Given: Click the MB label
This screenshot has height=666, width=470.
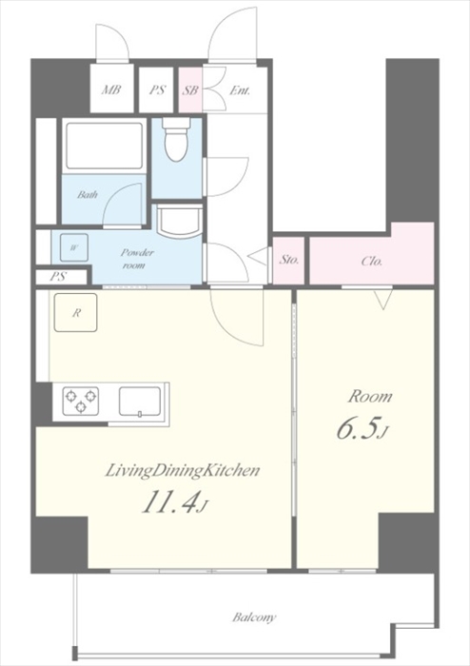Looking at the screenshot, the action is (111, 90).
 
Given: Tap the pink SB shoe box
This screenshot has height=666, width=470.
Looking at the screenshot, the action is (190, 90).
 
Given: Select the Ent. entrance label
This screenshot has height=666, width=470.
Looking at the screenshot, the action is (240, 90).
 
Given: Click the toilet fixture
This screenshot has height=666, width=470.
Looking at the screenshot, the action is (177, 139).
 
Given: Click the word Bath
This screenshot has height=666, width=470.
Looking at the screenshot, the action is (87, 195).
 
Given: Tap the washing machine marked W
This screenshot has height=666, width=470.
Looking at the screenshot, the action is (74, 247).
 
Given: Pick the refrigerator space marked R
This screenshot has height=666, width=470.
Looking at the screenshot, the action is (75, 313).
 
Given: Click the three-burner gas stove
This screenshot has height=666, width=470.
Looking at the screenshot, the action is (81, 401).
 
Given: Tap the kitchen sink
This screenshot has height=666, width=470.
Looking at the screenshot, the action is (140, 402).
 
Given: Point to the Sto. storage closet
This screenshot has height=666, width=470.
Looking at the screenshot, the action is (288, 260).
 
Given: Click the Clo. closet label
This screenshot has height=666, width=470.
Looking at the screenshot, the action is (371, 261).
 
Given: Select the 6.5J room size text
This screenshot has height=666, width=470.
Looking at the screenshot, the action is (362, 429).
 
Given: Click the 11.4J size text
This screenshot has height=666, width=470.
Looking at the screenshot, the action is (175, 503).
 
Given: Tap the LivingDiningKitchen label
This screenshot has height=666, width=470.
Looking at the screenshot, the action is (182, 472).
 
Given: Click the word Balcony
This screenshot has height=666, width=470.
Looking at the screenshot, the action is (254, 617).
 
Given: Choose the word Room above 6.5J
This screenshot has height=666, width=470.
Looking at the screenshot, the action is (370, 397).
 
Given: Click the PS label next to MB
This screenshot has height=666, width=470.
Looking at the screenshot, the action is (157, 90).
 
